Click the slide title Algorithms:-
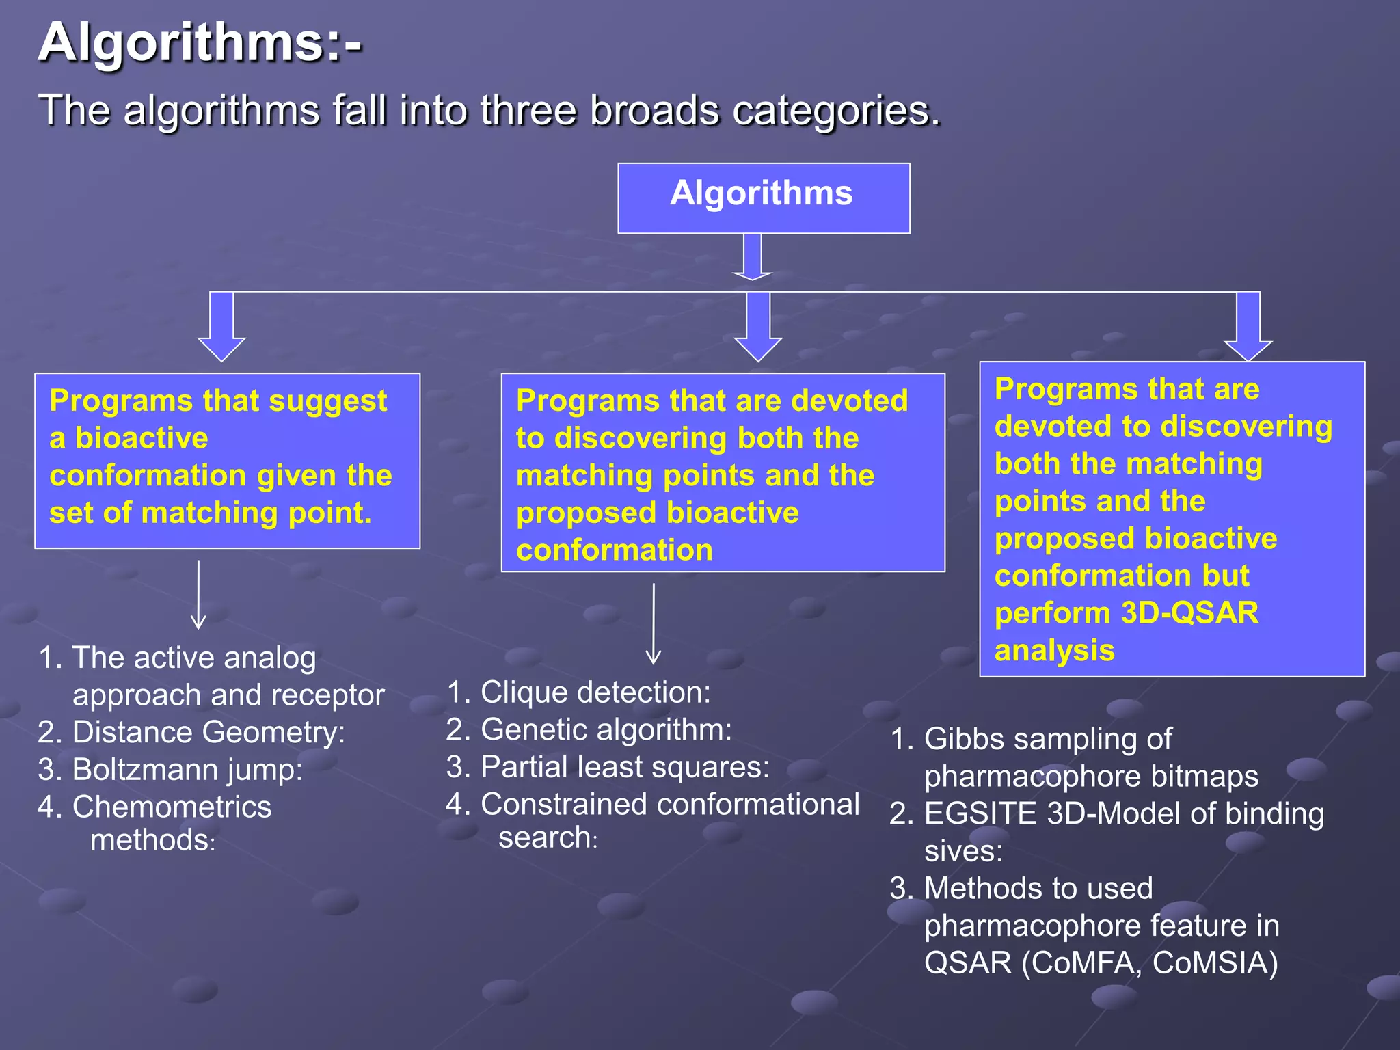coord(200,42)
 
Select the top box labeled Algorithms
coord(763,198)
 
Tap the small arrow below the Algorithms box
coord(752,257)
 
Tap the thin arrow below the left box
coord(198,595)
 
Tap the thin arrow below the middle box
coord(654,623)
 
